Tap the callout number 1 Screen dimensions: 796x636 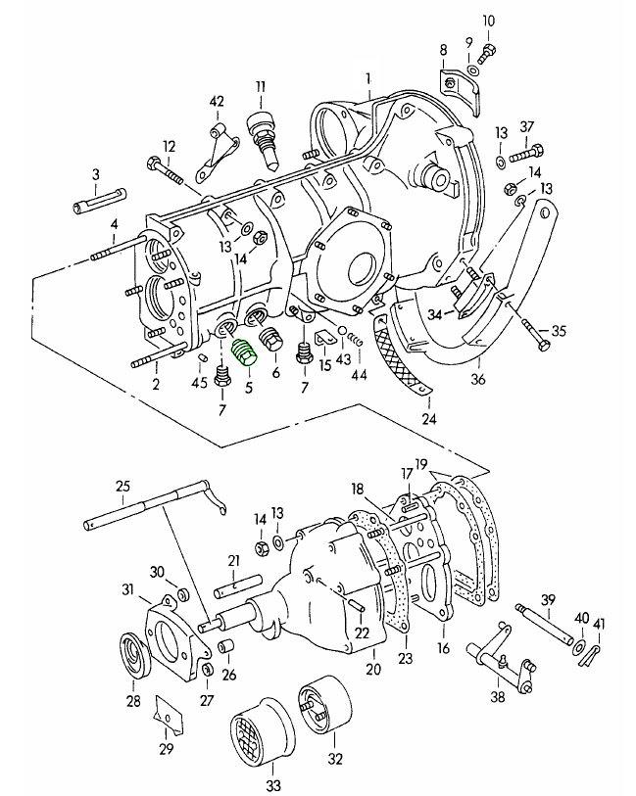(368, 77)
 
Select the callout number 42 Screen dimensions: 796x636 (217, 102)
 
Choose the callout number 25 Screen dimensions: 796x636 (122, 486)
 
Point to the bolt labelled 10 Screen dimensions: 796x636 (490, 46)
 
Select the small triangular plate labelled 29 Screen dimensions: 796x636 (168, 715)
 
